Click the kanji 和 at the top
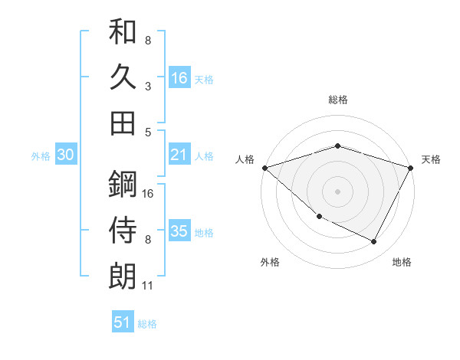coord(123,33)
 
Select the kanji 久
coord(123,77)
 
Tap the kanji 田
coord(123,122)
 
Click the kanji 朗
coord(123,276)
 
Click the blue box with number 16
coord(179,77)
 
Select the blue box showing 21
coord(179,155)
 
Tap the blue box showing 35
coord(179,231)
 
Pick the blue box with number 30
coord(66,155)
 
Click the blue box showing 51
coord(123,322)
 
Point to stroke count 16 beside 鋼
coord(149,193)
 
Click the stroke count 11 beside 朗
coord(148,286)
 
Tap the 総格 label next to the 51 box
coord(147,324)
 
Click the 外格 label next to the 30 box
coord(41,155)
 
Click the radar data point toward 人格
coord(264,168)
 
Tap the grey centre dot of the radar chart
coord(337,191)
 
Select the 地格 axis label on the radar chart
coord(402,262)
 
